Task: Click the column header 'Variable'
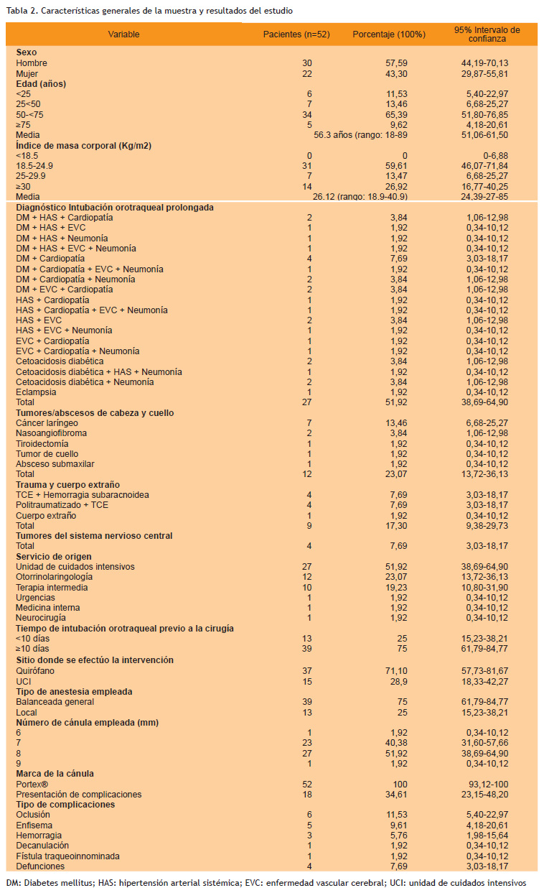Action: (x=123, y=34)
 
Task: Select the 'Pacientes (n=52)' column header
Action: (x=296, y=34)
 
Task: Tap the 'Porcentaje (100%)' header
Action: (x=389, y=34)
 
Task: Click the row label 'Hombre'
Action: (x=31, y=63)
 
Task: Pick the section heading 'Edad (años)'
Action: (x=41, y=83)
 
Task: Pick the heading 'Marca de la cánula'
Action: (x=55, y=774)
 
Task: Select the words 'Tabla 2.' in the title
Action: (x=22, y=11)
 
